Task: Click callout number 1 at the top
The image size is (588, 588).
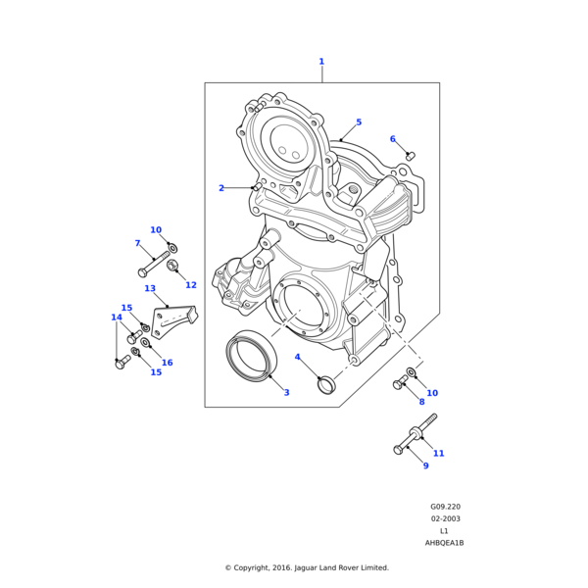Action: (320, 62)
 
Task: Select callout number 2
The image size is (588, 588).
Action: (221, 188)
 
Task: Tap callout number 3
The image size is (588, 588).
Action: (286, 393)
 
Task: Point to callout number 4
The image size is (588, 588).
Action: (298, 357)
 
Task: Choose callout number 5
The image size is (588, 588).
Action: (359, 122)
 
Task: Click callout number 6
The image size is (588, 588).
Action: (392, 139)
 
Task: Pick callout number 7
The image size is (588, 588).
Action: (137, 243)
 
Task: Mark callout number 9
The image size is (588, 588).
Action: (425, 465)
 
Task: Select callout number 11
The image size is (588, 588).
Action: (438, 453)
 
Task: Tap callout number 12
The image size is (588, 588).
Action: (191, 285)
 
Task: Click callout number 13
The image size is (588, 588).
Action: (150, 289)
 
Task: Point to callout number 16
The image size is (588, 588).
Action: (167, 363)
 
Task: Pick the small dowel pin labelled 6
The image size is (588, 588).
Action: (411, 155)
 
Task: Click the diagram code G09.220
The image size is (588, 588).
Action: (445, 508)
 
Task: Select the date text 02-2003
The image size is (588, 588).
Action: (445, 519)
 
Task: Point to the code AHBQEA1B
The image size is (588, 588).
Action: (444, 543)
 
